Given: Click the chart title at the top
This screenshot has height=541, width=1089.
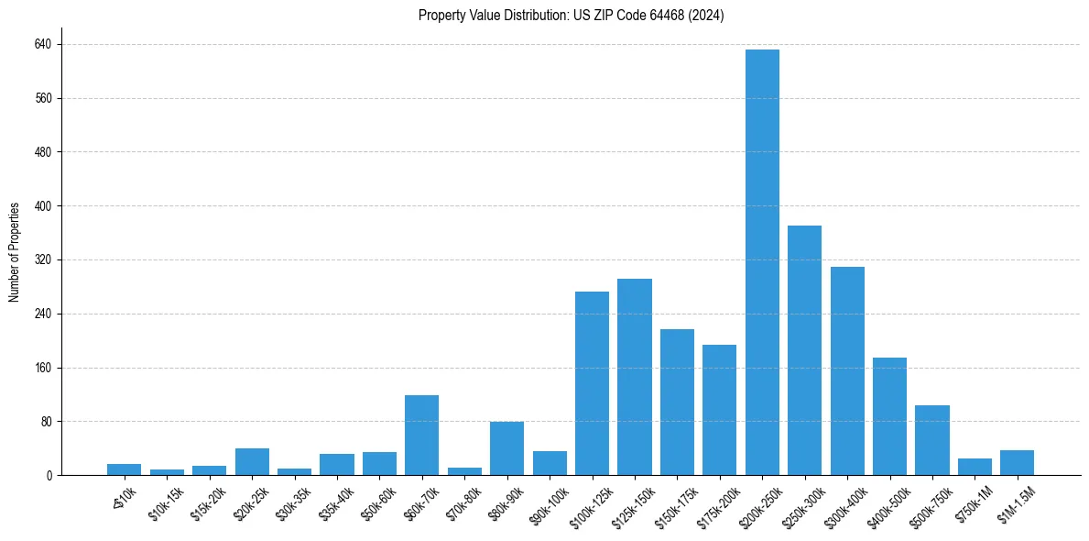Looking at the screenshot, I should pos(571,16).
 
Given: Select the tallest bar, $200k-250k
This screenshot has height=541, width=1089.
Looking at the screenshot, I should pos(762,262).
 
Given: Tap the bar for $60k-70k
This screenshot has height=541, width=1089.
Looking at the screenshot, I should pos(421,435).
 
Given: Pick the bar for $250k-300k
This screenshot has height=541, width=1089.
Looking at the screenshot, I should pos(804,350).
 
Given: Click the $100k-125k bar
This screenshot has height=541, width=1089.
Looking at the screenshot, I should pos(592,383).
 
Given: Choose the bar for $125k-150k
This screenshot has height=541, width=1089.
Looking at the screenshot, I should pos(635,377).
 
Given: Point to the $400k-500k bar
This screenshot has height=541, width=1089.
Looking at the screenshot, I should pos(889,416).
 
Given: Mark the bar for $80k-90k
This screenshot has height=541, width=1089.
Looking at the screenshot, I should pos(506,448).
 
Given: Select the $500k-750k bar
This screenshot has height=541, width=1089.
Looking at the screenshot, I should pos(932,440).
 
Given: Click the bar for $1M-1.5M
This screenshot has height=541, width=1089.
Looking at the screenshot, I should pos(1017,462).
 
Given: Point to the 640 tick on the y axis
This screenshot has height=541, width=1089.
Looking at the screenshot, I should pos(43,44).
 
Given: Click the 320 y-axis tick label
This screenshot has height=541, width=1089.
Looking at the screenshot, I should pos(43,259).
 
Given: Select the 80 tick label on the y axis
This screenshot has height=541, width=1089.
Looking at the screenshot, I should pos(46,422).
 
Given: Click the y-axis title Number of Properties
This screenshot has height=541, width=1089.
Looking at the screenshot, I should pos(15,251).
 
